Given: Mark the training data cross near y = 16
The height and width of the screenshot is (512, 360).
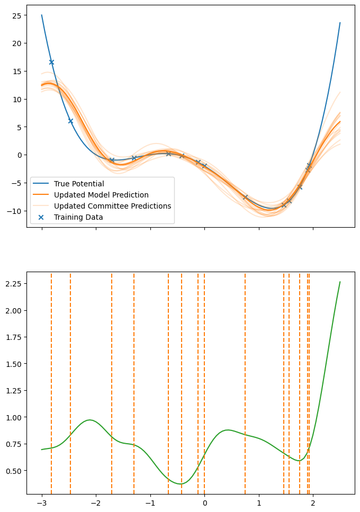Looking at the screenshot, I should pos(51,62).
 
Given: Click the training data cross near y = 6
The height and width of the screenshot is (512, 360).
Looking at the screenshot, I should pos(70,121).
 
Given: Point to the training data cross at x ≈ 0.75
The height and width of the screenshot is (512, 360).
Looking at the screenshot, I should pos(245,197).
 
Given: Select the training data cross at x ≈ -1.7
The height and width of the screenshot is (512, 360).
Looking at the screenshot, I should pos(112,160).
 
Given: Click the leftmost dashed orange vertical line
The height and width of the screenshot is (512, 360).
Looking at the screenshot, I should pos(51,371).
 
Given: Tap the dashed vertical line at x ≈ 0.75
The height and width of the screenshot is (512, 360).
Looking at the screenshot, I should pos(245,371).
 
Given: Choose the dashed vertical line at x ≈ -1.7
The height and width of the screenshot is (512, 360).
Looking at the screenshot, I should pos(112,371).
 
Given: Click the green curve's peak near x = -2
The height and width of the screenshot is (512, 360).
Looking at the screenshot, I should pos(90,420).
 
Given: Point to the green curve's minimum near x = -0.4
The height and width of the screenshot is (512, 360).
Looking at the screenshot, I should pos(181,484).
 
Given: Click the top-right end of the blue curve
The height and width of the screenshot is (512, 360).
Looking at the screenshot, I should pos(340,23).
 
